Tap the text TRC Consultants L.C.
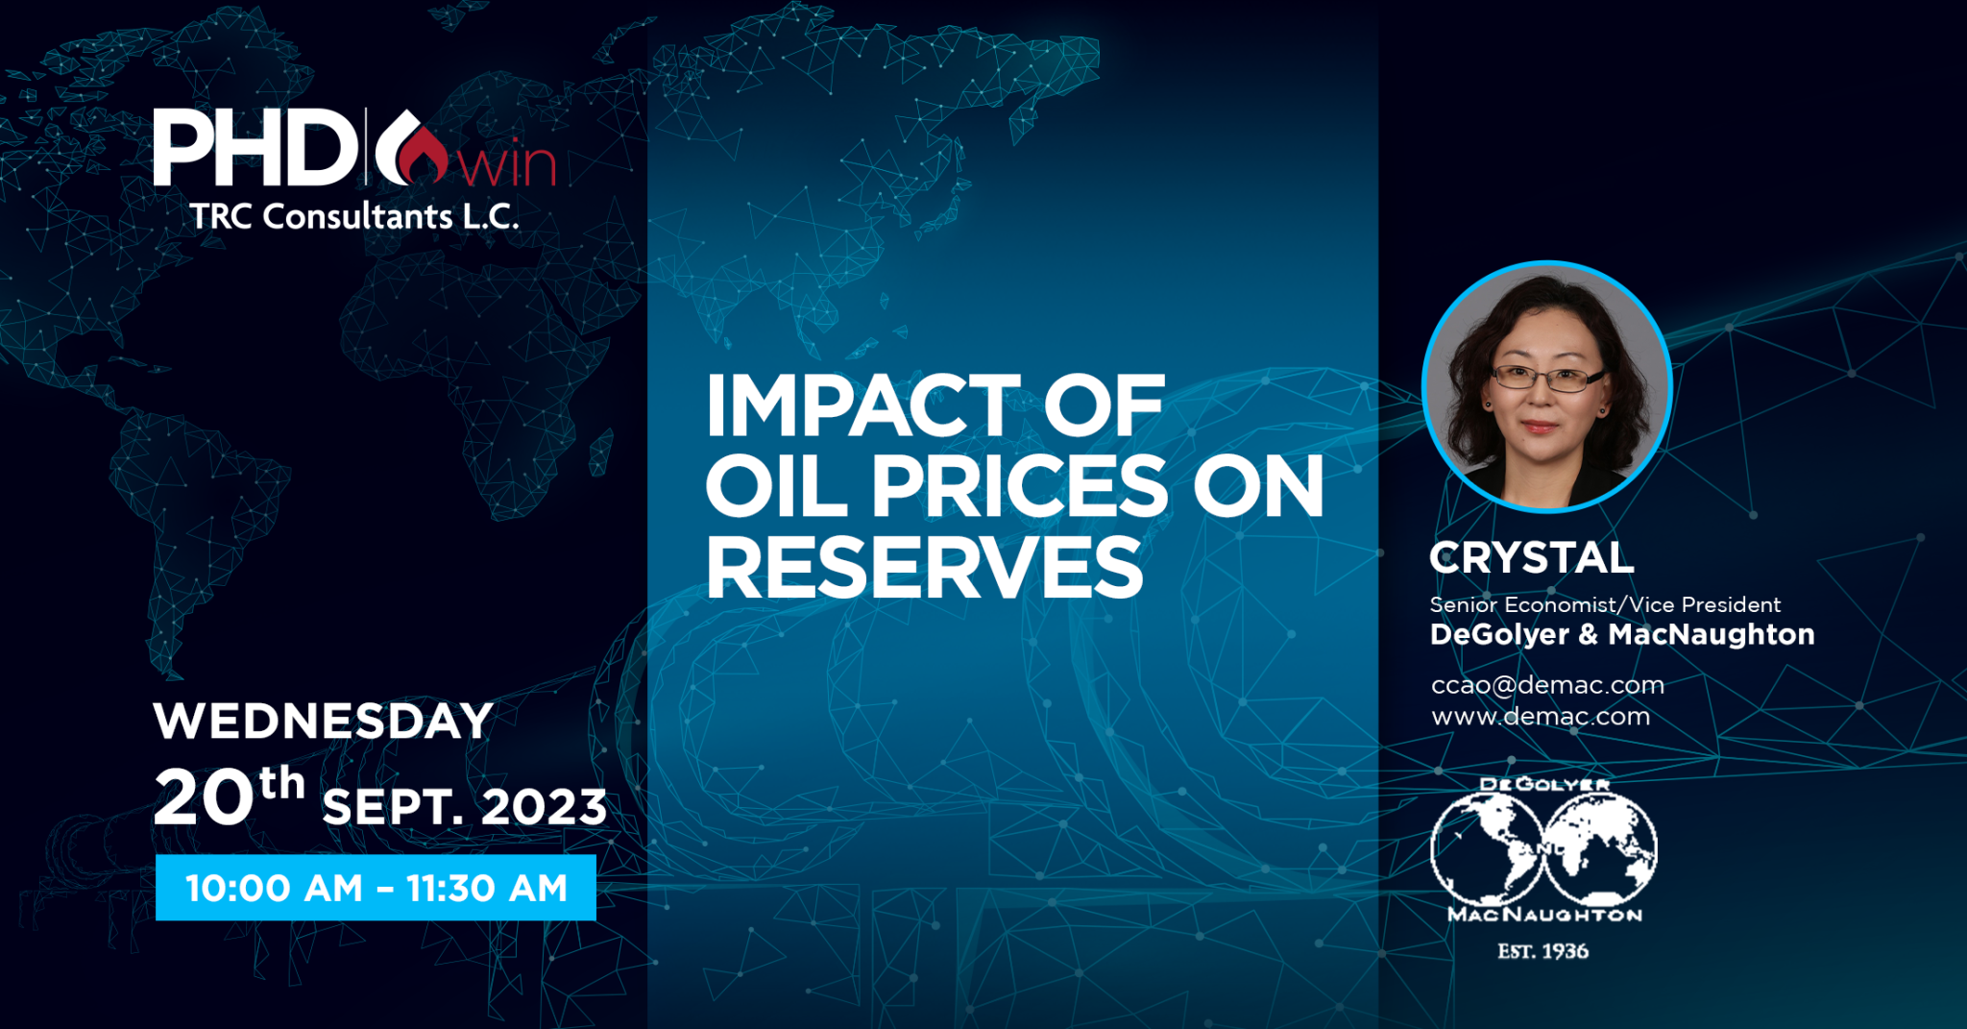354,216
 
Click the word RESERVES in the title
925,567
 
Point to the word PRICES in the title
1018,486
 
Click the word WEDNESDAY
323,721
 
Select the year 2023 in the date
544,807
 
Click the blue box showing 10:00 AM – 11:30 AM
376,888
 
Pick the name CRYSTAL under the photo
1531,557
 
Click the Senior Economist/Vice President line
1605,604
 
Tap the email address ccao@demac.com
1547,685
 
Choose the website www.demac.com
1541,716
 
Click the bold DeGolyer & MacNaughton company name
1622,634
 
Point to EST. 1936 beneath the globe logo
1543,951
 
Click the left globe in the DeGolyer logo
1487,848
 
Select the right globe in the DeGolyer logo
1600,848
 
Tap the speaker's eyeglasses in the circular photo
1545,378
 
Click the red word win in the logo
506,164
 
